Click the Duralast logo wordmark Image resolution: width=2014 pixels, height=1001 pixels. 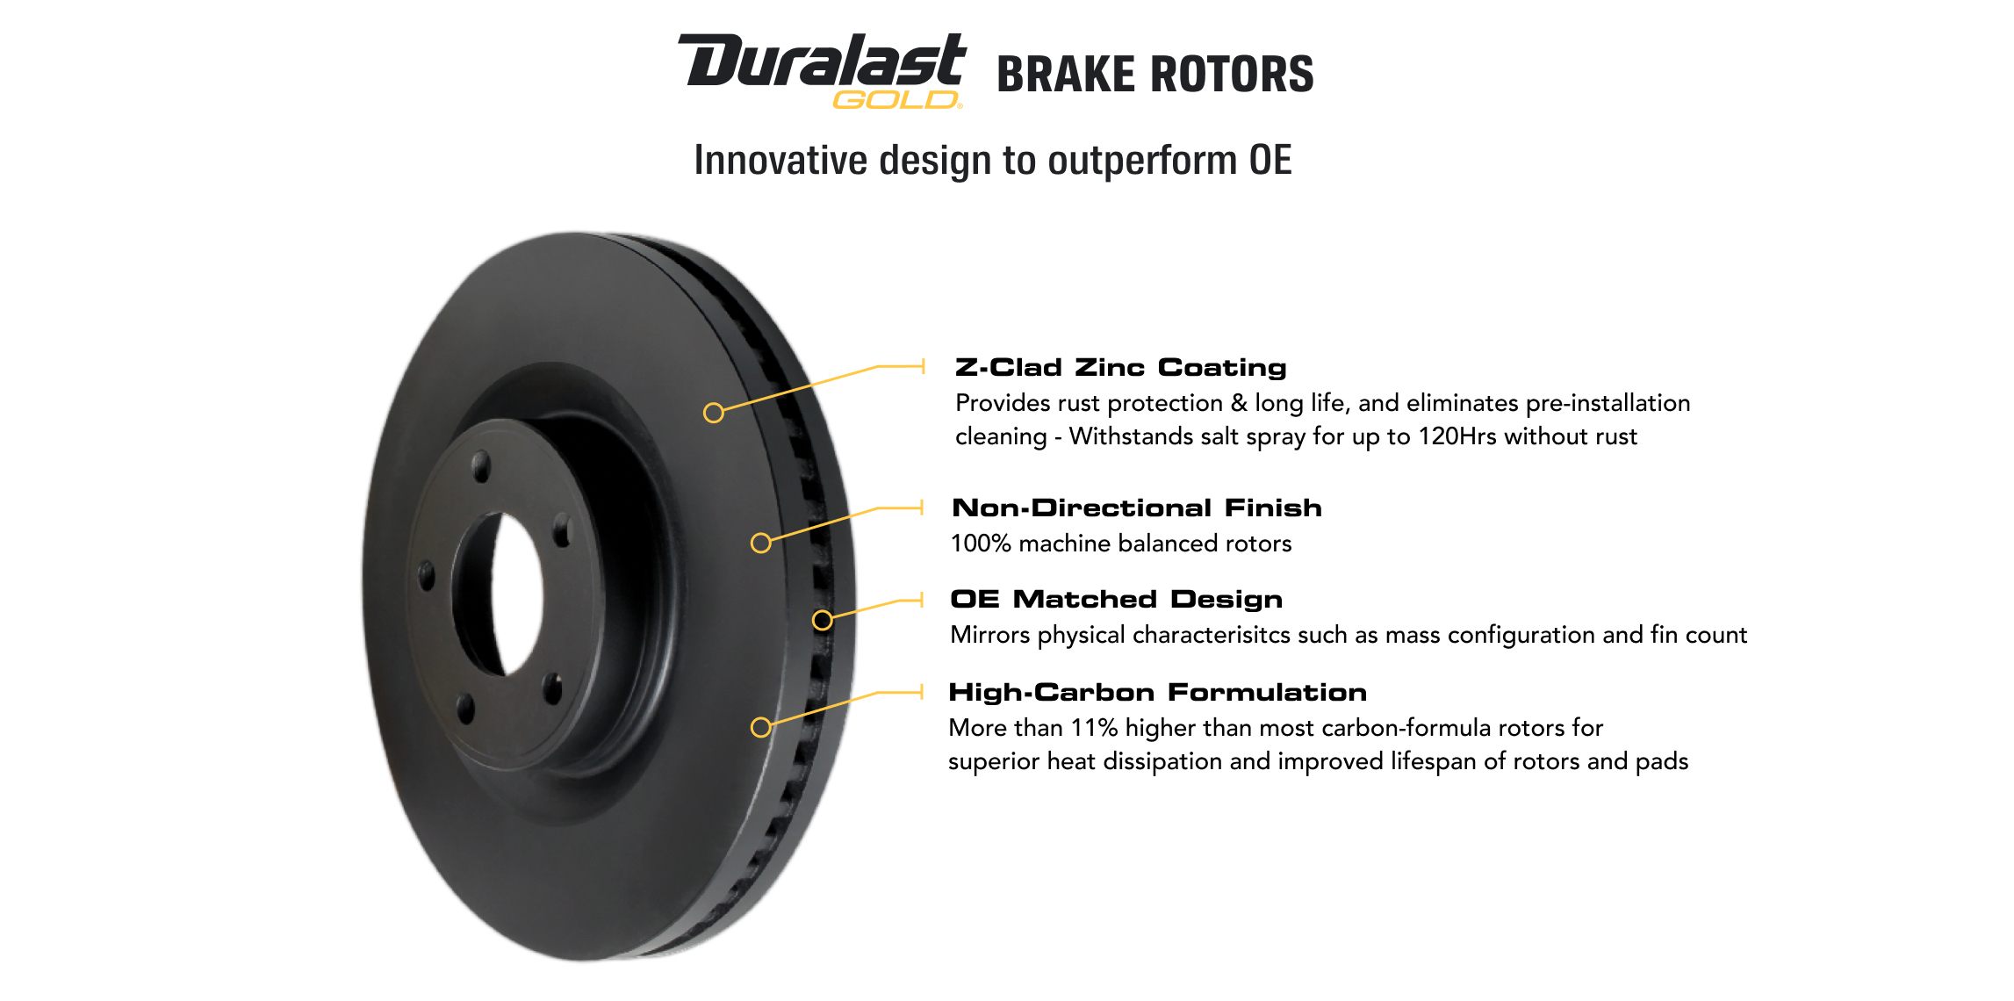click(822, 61)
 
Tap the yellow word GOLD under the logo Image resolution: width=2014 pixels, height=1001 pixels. click(896, 100)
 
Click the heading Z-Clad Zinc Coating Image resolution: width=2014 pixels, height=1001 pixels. click(1121, 367)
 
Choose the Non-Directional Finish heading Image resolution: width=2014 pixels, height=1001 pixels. click(1137, 508)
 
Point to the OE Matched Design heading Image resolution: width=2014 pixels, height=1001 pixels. click(1117, 599)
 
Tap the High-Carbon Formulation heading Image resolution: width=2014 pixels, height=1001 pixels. click(1158, 692)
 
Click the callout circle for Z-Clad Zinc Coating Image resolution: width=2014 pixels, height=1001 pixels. click(714, 413)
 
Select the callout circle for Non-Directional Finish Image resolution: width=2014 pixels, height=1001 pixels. click(761, 543)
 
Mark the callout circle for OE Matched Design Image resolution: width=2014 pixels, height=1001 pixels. click(823, 621)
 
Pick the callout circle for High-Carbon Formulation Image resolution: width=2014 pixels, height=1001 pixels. click(761, 727)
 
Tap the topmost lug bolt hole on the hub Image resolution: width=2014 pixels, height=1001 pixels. click(481, 466)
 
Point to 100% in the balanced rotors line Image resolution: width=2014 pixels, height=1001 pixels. click(982, 544)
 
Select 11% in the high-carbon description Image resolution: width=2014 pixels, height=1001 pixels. click(1094, 728)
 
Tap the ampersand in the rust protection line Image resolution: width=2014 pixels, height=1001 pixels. click(1239, 403)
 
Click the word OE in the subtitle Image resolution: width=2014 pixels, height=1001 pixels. click(1270, 160)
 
